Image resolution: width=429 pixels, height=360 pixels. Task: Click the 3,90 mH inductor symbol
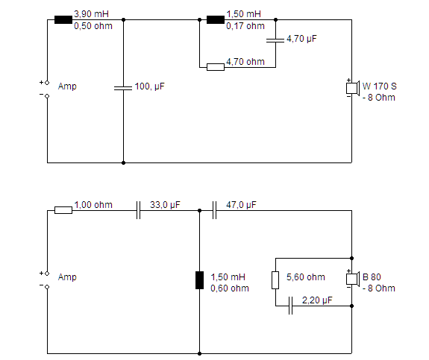pyautogui.click(x=63, y=19)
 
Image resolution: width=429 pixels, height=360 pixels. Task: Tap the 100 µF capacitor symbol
pyautogui.click(x=123, y=88)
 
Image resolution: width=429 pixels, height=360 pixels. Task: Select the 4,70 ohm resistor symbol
pyautogui.click(x=216, y=67)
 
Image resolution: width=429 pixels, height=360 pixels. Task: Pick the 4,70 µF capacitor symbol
pyautogui.click(x=275, y=40)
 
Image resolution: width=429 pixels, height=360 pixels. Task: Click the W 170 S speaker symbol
pyautogui.click(x=352, y=88)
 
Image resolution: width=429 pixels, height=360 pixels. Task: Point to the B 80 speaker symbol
pyautogui.click(x=352, y=279)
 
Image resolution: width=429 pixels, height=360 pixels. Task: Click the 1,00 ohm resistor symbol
pyautogui.click(x=63, y=210)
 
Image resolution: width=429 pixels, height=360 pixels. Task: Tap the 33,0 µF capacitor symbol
pyautogui.click(x=139, y=210)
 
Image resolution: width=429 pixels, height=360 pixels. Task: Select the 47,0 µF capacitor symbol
pyautogui.click(x=215, y=210)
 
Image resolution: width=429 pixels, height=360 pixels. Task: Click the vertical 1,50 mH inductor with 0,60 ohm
pyautogui.click(x=199, y=280)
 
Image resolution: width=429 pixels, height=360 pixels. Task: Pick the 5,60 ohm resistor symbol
pyautogui.click(x=275, y=280)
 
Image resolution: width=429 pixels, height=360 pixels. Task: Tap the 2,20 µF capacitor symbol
pyautogui.click(x=290, y=306)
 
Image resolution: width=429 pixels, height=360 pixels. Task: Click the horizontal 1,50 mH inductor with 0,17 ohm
pyautogui.click(x=216, y=19)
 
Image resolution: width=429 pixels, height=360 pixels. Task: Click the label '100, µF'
pyautogui.click(x=150, y=86)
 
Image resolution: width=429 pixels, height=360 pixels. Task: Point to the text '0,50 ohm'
pyautogui.click(x=93, y=26)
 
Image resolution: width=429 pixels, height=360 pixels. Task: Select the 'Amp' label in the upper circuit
pyautogui.click(x=67, y=86)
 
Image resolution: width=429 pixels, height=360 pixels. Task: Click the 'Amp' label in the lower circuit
pyautogui.click(x=67, y=277)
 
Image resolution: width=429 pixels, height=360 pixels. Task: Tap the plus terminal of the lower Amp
pyautogui.click(x=47, y=274)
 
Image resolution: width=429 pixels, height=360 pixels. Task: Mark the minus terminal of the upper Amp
pyautogui.click(x=47, y=96)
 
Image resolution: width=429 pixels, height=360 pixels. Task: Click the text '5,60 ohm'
pyautogui.click(x=306, y=277)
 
